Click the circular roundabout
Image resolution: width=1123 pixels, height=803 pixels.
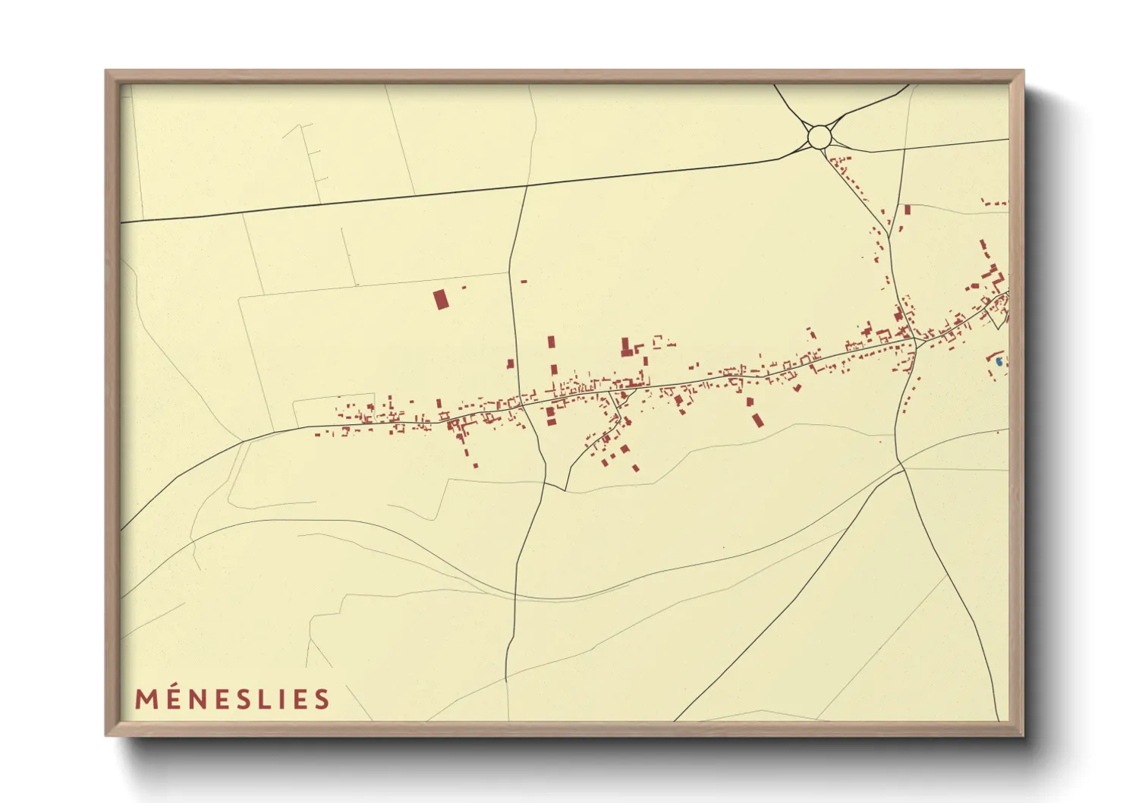819,137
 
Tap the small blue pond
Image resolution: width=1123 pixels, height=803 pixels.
999,361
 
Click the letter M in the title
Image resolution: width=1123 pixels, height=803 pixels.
146,699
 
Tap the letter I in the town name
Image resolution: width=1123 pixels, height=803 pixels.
285,699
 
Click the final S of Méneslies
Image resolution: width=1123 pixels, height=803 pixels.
322,699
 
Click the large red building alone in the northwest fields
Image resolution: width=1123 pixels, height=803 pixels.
440,299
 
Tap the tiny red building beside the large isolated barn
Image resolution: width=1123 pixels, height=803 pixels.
464,288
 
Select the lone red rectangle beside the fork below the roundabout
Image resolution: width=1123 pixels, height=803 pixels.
907,209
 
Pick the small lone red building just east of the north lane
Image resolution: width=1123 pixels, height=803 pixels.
524,282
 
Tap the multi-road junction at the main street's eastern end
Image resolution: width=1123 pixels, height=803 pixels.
916,345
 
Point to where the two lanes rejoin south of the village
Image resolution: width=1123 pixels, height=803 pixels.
565,489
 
